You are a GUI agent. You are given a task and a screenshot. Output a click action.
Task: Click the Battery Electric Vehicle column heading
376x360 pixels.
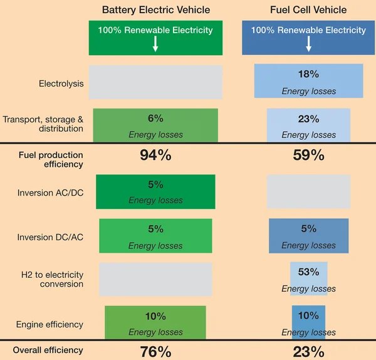point(156,10)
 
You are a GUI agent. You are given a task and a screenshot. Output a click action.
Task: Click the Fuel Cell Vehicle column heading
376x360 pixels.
point(309,10)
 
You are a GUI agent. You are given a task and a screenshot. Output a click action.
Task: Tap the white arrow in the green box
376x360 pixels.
point(155,44)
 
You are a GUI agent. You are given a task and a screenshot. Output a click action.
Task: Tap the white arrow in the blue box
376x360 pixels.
point(308,44)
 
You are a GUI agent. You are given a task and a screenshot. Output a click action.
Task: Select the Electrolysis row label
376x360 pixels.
point(61,83)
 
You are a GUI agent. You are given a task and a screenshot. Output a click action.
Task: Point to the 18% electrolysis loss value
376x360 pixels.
point(308,74)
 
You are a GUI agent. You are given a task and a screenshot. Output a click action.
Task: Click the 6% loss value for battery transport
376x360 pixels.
point(155,118)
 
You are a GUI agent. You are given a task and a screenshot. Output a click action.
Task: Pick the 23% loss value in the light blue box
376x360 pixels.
point(308,118)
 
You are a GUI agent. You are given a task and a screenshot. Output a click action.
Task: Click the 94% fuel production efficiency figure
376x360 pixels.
point(155,156)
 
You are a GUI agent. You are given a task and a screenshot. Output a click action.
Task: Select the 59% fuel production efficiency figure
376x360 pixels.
point(308,156)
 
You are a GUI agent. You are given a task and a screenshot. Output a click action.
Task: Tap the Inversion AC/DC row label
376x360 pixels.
point(50,193)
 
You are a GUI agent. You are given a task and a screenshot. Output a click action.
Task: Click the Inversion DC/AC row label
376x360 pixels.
point(50,238)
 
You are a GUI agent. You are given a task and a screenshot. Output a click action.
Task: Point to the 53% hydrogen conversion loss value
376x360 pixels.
point(308,272)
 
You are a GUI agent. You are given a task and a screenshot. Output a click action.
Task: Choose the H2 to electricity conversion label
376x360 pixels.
point(52,280)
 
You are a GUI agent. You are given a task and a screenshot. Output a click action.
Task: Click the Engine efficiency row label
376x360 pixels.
point(50,324)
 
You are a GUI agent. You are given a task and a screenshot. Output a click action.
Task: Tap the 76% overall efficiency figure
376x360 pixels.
point(155,351)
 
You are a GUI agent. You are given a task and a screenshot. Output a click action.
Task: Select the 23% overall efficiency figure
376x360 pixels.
point(308,351)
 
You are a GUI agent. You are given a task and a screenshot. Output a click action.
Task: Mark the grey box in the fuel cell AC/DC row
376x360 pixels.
point(308,192)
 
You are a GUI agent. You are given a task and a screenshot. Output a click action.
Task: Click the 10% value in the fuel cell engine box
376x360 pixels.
point(308,316)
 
